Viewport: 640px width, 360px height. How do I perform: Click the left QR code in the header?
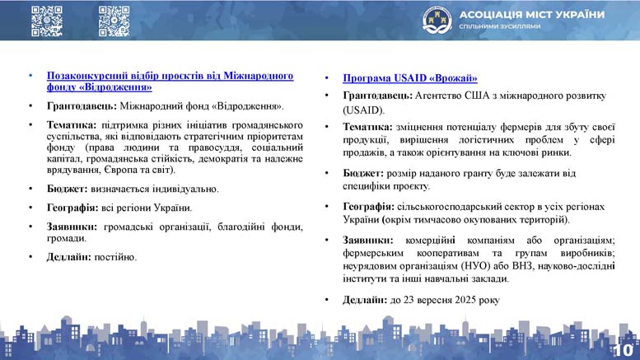pos(47,21)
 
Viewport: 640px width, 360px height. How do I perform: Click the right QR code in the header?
pos(114,21)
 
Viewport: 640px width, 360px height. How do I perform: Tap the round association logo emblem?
pos(437,20)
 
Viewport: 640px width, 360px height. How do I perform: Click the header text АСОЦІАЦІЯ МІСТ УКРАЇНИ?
pos(532,15)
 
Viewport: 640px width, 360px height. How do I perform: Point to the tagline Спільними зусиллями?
pos(500,26)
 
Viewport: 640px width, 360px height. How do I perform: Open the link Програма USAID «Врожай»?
pos(410,78)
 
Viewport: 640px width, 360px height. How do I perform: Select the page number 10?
pos(624,350)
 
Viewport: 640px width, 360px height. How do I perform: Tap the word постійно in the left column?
pos(115,257)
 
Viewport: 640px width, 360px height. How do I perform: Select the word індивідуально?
pos(185,189)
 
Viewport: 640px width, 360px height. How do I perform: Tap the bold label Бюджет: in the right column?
pos(363,174)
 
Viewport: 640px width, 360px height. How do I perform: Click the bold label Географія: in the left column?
pos(72,208)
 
